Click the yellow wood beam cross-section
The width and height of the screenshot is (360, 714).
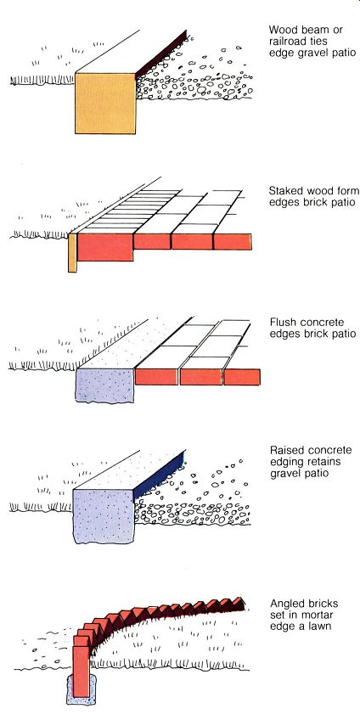[105, 104]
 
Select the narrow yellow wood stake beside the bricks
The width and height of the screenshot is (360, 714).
[72, 253]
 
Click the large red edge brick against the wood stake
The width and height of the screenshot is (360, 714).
[105, 247]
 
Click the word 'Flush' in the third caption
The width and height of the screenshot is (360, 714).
[280, 323]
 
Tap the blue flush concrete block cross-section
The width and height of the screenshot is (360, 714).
[105, 385]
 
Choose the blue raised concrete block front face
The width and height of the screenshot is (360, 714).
[104, 516]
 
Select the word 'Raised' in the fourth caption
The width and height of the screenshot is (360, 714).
[283, 451]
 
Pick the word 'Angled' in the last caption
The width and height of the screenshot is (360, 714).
[285, 604]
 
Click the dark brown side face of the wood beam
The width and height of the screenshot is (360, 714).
[161, 53]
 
